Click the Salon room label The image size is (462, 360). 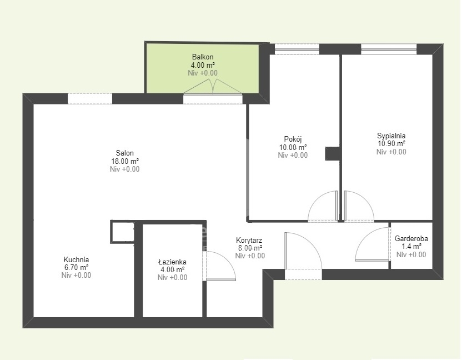tap(124, 153)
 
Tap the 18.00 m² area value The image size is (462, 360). tap(124, 161)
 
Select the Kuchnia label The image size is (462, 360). tap(76, 259)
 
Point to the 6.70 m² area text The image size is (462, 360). tap(76, 267)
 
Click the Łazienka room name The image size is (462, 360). tap(172, 262)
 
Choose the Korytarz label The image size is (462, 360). tap(249, 241)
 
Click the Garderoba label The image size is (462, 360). tap(411, 238)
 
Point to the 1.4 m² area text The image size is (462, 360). tap(411, 247)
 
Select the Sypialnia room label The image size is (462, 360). tap(391, 136)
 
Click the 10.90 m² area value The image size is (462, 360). tap(391, 143)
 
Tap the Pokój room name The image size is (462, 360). tap(293, 138)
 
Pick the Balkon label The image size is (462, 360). tap(203, 57)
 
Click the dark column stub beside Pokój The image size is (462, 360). tap(333, 154)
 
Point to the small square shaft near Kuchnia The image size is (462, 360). tap(122, 232)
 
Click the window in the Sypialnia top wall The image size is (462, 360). tap(389, 49)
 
